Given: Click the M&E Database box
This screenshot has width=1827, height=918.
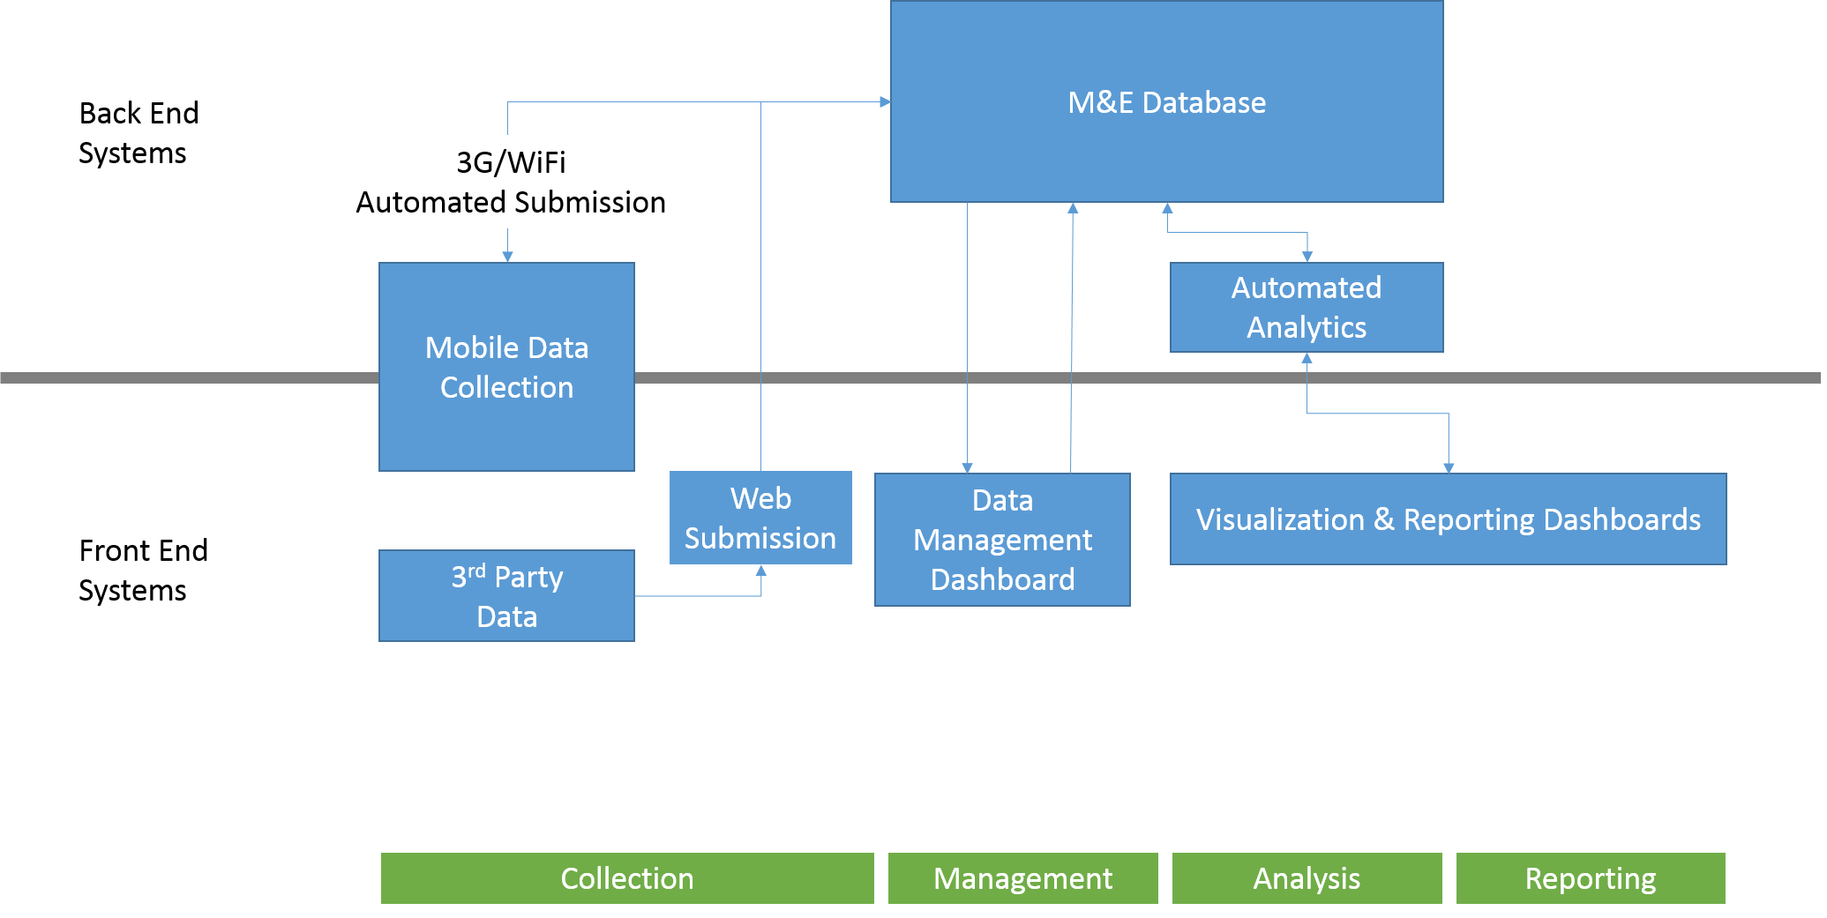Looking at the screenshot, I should [x=1166, y=101].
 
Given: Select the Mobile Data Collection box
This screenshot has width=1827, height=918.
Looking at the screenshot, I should [x=506, y=367].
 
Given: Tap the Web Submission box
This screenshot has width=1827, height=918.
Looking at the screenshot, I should [x=760, y=518].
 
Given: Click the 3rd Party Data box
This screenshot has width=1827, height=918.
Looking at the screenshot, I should [x=506, y=596].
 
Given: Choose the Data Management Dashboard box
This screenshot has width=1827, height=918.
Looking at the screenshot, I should [x=1002, y=540].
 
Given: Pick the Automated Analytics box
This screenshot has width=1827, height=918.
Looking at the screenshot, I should [x=1307, y=307].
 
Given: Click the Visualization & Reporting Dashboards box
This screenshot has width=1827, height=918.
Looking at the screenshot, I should [x=1448, y=519].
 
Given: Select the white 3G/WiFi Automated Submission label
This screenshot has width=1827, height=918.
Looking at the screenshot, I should [x=511, y=182].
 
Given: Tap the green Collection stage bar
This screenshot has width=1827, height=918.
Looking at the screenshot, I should [x=627, y=878].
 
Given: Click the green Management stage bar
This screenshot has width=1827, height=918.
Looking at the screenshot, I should [x=1022, y=878].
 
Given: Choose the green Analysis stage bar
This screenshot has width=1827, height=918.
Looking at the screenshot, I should [x=1307, y=878].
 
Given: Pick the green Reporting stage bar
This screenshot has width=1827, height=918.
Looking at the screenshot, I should [x=1591, y=878].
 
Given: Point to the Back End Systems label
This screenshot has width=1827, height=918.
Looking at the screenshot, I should [x=138, y=132].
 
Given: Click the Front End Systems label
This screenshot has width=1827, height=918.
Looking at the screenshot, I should [x=143, y=570].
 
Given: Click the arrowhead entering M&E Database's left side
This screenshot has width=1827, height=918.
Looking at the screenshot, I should [x=885, y=102].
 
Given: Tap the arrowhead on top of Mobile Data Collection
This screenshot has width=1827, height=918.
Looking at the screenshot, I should [x=507, y=257].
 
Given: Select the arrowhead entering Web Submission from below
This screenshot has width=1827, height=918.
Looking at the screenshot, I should [x=761, y=571].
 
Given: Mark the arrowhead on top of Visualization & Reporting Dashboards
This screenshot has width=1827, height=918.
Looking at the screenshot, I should [x=1449, y=467].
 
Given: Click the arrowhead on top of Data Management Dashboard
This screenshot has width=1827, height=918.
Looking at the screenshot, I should [x=967, y=467].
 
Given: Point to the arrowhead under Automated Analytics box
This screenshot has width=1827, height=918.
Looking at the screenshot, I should [x=1307, y=358].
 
